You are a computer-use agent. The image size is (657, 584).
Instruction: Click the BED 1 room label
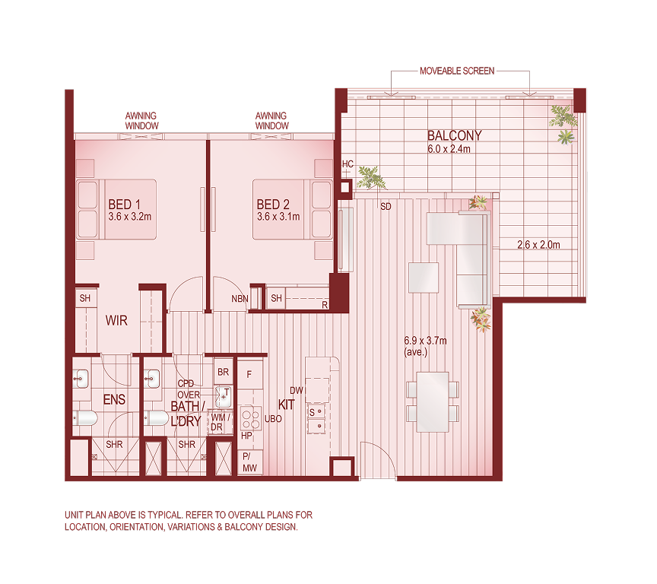[x=125, y=205]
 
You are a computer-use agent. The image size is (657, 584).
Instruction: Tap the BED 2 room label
[x=274, y=205]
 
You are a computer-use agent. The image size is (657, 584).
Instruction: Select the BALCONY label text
[x=454, y=136]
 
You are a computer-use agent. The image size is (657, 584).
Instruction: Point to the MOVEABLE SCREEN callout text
[x=457, y=71]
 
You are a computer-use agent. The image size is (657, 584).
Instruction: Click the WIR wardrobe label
[x=116, y=321]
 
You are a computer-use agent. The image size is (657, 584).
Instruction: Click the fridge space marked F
[x=249, y=374]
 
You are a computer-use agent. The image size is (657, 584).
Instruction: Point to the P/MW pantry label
[x=249, y=462]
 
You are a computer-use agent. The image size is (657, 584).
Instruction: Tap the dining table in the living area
[x=433, y=401]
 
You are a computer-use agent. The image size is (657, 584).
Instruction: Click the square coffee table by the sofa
[x=424, y=278]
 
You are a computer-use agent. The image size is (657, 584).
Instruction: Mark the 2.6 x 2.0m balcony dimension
[x=538, y=245]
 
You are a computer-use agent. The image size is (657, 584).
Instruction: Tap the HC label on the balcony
[x=348, y=164]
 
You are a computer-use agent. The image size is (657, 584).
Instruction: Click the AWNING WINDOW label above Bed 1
[x=141, y=120]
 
